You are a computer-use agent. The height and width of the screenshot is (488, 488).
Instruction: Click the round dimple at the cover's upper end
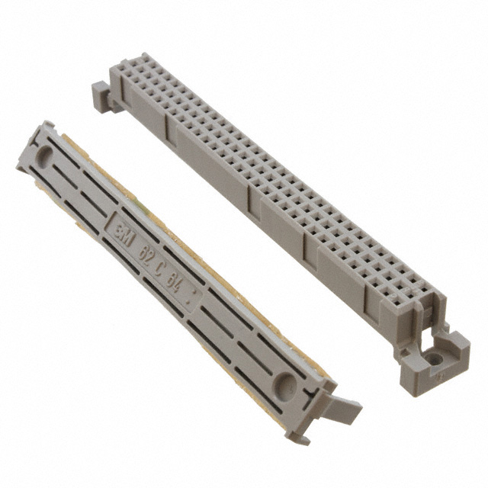pos(45,157)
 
